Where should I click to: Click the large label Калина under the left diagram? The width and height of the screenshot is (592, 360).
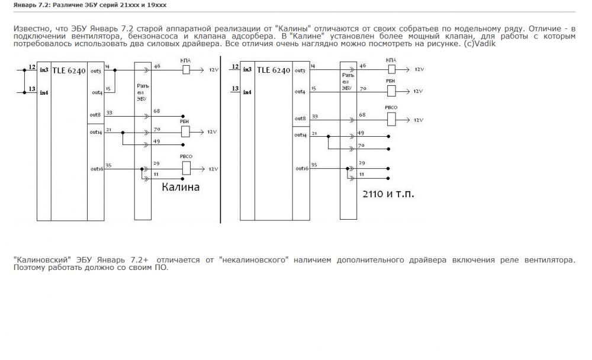pyautogui.click(x=181, y=187)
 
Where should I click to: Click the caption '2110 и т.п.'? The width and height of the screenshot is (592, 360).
pyautogui.click(x=387, y=194)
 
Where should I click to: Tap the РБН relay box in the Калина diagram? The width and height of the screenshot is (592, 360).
pyautogui.click(x=185, y=131)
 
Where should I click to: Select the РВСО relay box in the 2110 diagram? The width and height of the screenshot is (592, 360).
pyautogui.click(x=391, y=119)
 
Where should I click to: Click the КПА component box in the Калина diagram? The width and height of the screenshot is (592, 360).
pyautogui.click(x=185, y=70)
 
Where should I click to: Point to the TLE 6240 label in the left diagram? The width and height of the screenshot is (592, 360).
pyautogui.click(x=69, y=70)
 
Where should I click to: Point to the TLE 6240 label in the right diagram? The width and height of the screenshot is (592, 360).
pyautogui.click(x=274, y=70)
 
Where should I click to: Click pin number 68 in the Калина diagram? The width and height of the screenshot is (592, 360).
pyautogui.click(x=156, y=111)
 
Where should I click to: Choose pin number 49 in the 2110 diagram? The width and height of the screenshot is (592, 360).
pyautogui.click(x=361, y=133)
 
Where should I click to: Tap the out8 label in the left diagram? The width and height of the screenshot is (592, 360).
pyautogui.click(x=95, y=114)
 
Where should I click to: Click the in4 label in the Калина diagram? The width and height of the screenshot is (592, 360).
pyautogui.click(x=44, y=92)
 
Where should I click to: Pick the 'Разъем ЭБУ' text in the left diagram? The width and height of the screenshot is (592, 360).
pyautogui.click(x=142, y=92)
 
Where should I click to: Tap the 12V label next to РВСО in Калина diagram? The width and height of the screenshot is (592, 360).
pyautogui.click(x=213, y=169)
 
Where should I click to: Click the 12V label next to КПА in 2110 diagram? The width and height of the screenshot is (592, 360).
pyautogui.click(x=419, y=70)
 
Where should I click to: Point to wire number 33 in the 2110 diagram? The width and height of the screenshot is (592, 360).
pyautogui.click(x=314, y=116)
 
